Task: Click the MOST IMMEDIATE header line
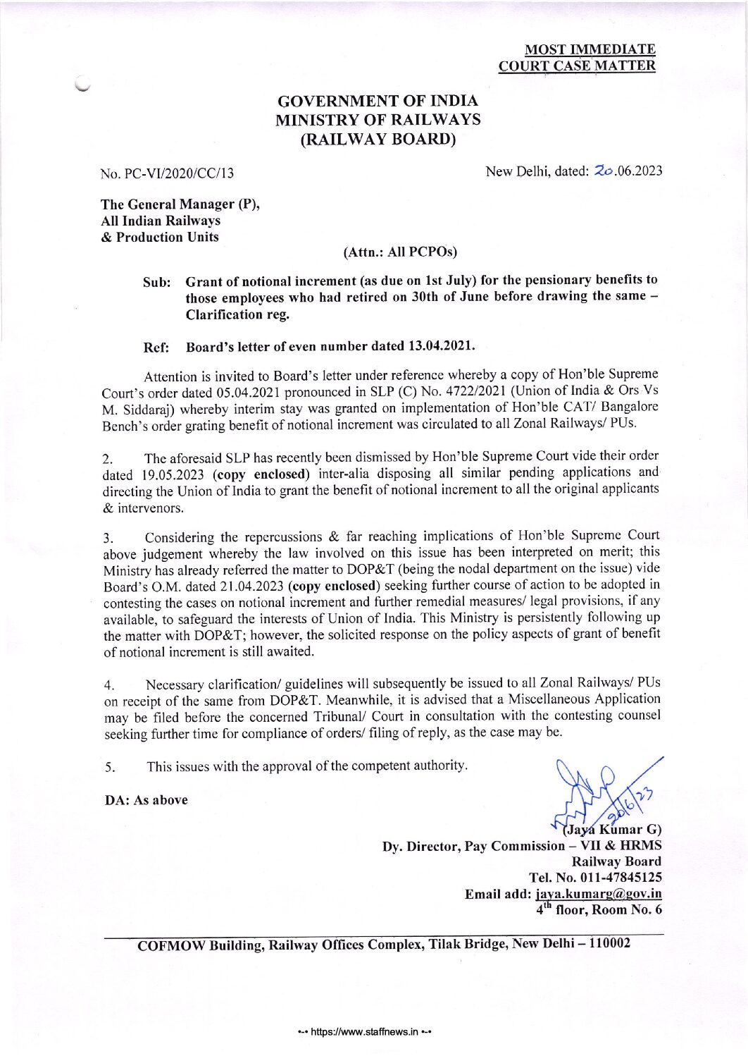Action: click(x=590, y=49)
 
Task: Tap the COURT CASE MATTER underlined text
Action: click(x=577, y=66)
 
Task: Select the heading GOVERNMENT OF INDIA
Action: click(x=378, y=102)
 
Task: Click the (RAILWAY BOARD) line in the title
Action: click(x=378, y=139)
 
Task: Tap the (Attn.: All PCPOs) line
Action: click(x=399, y=252)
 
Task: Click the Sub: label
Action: click(x=156, y=282)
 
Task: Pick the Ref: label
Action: click(x=156, y=348)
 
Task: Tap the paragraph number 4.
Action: click(x=108, y=685)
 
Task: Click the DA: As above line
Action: click(x=147, y=800)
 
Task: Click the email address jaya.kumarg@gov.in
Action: click(x=599, y=894)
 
